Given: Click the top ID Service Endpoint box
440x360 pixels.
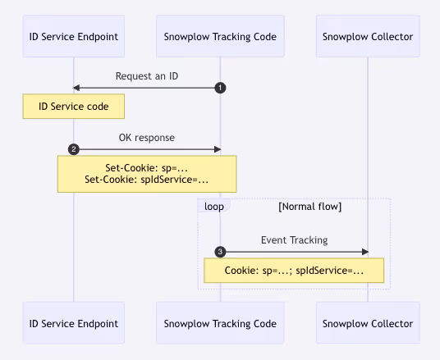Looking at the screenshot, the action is [74, 36].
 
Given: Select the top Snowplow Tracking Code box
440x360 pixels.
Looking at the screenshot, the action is [220, 36].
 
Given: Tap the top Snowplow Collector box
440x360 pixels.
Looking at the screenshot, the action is [368, 36].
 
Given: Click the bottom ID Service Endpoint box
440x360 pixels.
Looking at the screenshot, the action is [74, 323].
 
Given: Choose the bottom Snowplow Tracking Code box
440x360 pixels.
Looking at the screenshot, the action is [220, 323].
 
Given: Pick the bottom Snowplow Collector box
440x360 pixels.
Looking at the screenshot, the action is [368, 323].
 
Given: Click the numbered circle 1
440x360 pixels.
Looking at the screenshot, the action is [220, 88].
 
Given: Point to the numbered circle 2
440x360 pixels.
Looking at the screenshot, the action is [74, 149].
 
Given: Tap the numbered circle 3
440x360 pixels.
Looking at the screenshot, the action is [220, 252].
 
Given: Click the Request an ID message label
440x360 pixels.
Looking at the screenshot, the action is [147, 76].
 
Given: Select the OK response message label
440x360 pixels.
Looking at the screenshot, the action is [147, 138].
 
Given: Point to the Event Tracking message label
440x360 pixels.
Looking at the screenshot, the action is [295, 240].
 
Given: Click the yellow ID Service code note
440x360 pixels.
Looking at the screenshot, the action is [74, 107].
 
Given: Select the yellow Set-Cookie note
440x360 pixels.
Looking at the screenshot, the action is [147, 174].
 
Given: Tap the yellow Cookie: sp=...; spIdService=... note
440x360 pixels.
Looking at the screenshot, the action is [294, 271].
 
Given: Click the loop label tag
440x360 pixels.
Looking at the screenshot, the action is [214, 207].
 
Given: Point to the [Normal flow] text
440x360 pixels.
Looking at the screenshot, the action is [309, 207].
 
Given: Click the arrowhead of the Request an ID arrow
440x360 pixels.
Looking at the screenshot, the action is [76, 88].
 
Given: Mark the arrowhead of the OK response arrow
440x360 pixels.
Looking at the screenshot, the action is [218, 149].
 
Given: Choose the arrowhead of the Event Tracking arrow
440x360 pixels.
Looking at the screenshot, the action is [365, 252].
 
